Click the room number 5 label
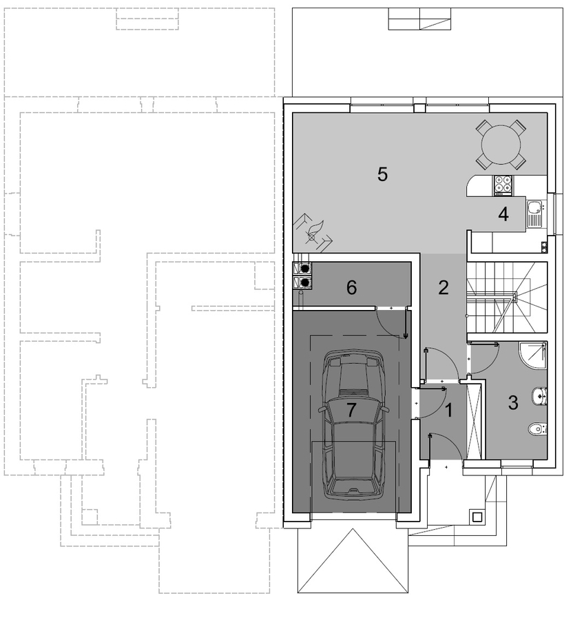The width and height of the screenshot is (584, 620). point(382,174)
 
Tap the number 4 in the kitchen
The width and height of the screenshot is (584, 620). point(503,215)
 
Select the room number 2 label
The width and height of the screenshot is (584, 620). point(444,288)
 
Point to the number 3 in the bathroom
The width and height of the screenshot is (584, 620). point(513,402)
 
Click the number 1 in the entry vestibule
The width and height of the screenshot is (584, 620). point(449,411)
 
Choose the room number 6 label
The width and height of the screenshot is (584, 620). point(351,287)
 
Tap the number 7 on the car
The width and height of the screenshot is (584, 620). point(351,410)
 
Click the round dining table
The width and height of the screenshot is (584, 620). point(501,145)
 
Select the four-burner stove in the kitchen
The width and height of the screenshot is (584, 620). point(503,186)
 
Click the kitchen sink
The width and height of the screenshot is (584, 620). point(535,214)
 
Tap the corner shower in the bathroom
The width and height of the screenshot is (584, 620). point(533,355)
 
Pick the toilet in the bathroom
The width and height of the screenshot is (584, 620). point(538,428)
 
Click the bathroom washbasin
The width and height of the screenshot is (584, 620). point(539,396)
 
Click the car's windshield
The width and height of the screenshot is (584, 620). point(354,372)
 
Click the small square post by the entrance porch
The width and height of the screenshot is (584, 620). point(477,517)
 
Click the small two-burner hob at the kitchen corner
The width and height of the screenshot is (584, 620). point(545,247)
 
